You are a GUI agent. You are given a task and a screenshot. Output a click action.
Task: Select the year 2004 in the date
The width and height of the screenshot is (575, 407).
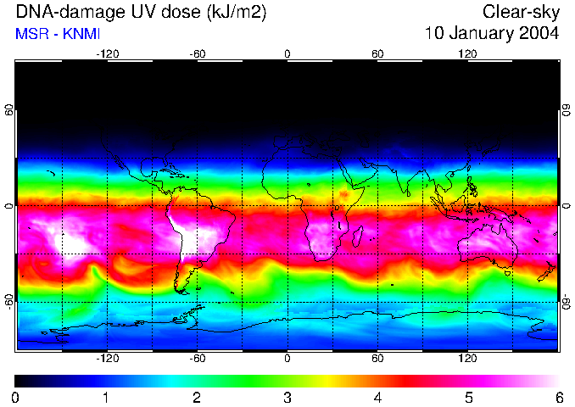[538, 34]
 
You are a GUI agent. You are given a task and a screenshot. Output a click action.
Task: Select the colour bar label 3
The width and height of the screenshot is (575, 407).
[287, 397]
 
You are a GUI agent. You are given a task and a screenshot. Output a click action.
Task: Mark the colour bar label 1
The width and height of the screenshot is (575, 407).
[106, 397]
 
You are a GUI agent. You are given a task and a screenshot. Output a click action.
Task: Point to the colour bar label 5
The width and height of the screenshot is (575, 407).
[468, 397]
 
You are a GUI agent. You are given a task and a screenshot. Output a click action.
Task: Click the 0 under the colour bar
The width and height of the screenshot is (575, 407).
[16, 397]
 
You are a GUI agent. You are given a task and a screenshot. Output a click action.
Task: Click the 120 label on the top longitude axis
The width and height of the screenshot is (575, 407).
[468, 53]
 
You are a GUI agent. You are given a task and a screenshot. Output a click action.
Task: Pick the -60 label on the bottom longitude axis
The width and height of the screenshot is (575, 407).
[197, 359]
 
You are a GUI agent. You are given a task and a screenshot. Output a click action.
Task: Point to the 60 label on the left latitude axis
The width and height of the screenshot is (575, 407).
[9, 111]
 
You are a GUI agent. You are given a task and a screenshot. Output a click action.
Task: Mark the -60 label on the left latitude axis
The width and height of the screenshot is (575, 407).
[9, 301]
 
